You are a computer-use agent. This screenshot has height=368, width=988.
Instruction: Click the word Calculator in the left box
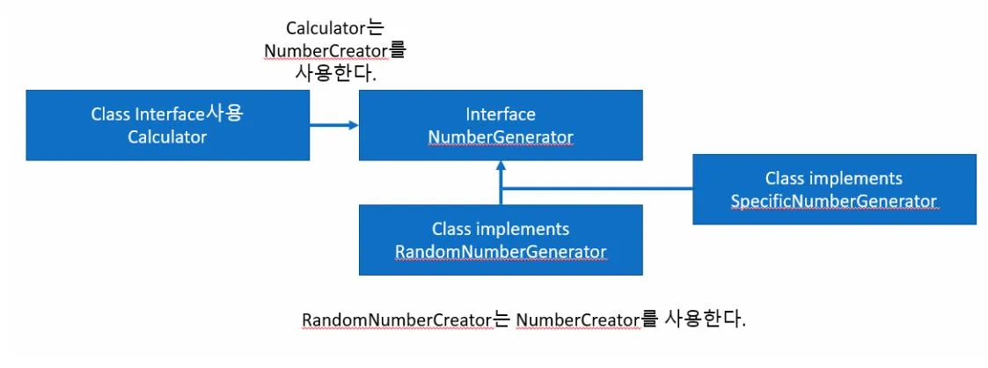point(166,136)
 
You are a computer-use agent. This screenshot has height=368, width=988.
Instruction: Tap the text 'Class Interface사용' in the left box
point(166,114)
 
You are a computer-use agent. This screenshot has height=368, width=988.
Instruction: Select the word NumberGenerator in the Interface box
point(500,136)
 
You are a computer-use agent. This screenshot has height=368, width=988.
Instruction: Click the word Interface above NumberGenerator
point(500,115)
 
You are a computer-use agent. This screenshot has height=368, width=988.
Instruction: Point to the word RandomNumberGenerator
point(500,251)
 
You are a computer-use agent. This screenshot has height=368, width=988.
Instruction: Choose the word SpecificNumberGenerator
point(833,201)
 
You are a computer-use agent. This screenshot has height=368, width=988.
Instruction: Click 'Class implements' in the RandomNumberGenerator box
point(500,229)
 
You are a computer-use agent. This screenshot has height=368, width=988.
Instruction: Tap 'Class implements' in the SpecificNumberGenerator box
point(833,179)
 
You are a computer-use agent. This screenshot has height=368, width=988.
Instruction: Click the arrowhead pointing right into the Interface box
point(353,125)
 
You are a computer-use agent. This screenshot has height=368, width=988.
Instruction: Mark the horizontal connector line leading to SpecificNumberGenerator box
point(598,188)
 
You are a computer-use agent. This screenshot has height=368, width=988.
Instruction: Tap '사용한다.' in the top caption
point(335,74)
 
